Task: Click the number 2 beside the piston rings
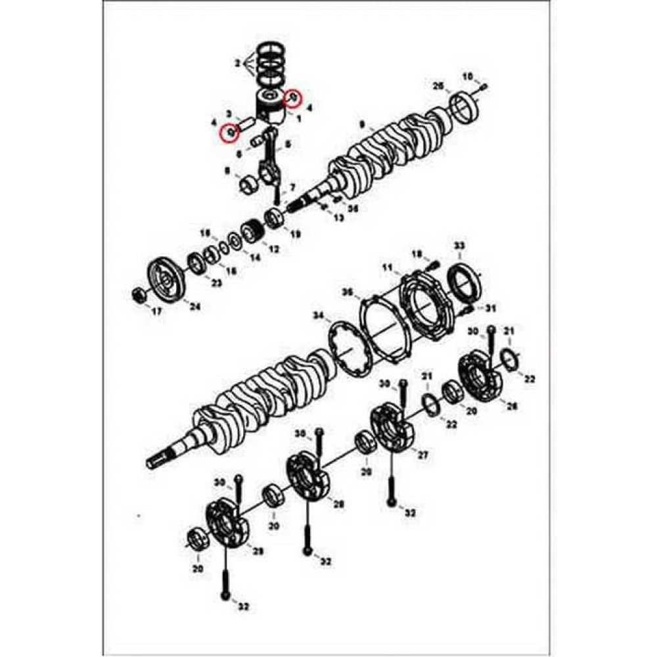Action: tap(238, 63)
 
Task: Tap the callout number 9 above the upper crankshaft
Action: tap(362, 125)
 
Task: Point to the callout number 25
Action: tap(438, 86)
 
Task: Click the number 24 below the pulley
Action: tap(195, 306)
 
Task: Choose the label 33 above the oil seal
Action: tap(459, 246)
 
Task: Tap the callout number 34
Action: tap(318, 316)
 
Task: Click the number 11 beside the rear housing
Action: tap(388, 267)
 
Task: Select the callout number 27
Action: tap(422, 455)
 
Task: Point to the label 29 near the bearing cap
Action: tap(251, 551)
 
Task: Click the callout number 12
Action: tap(274, 249)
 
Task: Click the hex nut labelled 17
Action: tap(139, 295)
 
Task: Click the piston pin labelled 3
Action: tap(246, 123)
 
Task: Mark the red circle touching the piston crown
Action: tap(293, 99)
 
